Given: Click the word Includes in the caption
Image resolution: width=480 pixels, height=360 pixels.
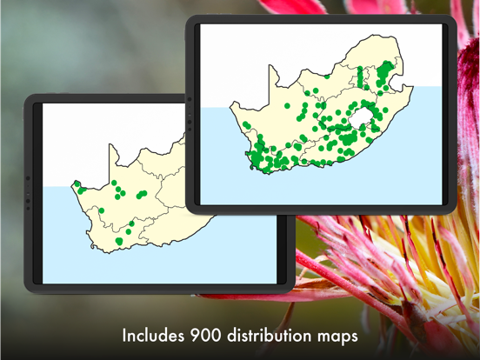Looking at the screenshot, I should pos(154,336).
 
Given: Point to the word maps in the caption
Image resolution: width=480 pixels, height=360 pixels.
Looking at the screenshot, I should pos(336,336).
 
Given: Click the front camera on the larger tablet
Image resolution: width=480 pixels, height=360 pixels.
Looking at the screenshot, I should pos(189,113).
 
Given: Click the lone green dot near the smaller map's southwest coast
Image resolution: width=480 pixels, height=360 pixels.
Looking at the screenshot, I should pos(102,210).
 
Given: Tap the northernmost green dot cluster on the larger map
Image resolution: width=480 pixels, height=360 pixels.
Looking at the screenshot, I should pos(387,70).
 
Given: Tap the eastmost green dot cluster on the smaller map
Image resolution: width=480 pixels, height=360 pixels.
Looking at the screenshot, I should pos(139,195).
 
